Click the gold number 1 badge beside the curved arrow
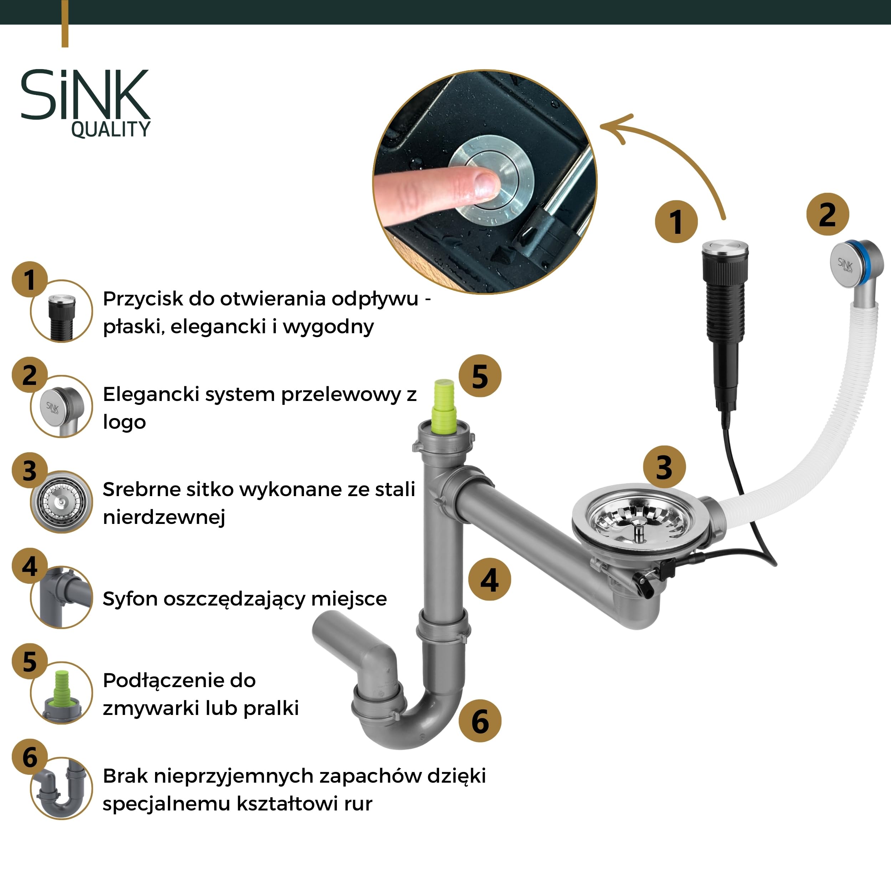point(676,222)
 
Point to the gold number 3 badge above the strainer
point(664,467)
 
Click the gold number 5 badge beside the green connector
point(480,376)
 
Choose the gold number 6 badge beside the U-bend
point(480,721)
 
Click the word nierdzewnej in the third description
point(164,517)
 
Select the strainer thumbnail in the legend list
point(61,502)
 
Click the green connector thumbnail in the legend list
point(61,693)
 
